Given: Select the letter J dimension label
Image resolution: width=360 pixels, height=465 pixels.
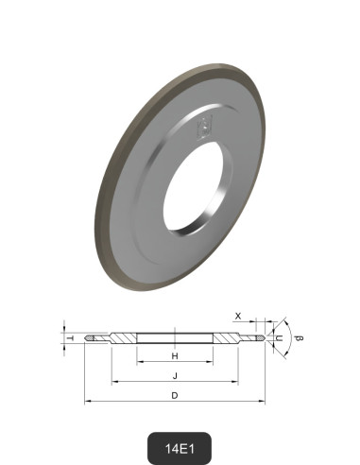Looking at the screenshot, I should (175, 375).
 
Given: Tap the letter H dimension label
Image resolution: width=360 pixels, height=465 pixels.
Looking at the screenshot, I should (175, 356).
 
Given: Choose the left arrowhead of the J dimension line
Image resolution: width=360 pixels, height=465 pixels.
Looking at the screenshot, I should (114, 383).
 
